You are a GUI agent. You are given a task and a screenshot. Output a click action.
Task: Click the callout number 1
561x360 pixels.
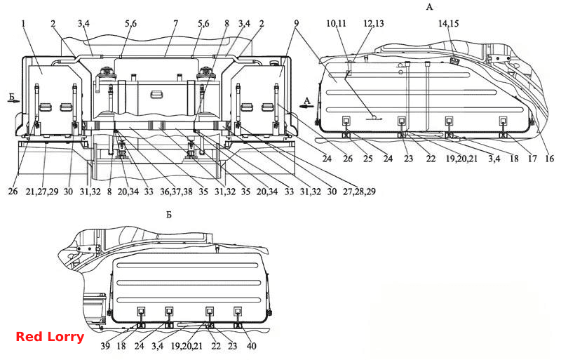coord(24,24)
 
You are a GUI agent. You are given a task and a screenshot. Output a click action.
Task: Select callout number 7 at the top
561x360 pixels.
coord(176,24)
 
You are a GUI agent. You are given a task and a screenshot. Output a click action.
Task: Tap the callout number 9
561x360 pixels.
coord(296,24)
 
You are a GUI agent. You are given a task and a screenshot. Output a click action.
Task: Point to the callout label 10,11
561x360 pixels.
coord(337,24)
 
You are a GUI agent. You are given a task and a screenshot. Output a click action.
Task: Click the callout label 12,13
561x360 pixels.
coord(374,24)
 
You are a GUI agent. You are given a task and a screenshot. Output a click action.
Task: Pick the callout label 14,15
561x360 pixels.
coord(449,24)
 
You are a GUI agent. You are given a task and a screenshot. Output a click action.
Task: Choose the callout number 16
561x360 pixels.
coord(549,159)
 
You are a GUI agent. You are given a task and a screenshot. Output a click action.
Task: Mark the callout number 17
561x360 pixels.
coord(532,159)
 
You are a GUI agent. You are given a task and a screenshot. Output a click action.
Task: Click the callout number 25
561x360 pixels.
coord(367,159)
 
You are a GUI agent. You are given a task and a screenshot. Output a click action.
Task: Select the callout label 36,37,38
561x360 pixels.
coord(176,192)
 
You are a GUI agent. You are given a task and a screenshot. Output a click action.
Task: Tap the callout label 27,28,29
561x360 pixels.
coord(359,192)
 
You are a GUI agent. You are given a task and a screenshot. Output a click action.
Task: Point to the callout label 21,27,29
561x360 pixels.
coord(42,192)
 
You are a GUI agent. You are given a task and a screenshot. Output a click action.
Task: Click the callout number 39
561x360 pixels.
coord(105,346)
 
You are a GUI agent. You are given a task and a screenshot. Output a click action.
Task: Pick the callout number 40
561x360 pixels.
coord(252,346)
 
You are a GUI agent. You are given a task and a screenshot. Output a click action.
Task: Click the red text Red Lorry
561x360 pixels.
coord(50,337)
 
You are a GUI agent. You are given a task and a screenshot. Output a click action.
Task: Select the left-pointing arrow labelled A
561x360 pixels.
coord(307,106)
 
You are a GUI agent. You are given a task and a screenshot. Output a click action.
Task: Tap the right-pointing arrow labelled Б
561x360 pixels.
coord(14,101)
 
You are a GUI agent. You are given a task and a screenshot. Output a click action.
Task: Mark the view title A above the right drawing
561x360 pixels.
coord(429,7)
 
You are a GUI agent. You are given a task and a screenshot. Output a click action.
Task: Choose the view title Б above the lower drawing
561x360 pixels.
coord(169,215)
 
